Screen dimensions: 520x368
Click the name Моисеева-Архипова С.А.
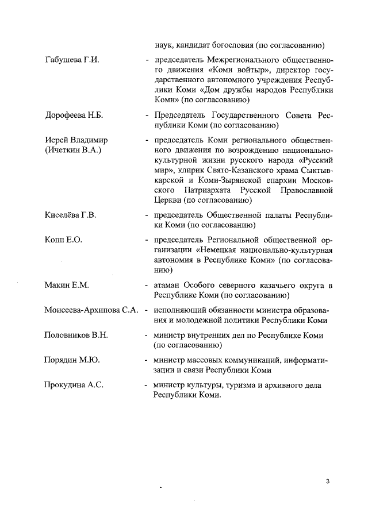91,310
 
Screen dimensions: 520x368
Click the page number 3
327,481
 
